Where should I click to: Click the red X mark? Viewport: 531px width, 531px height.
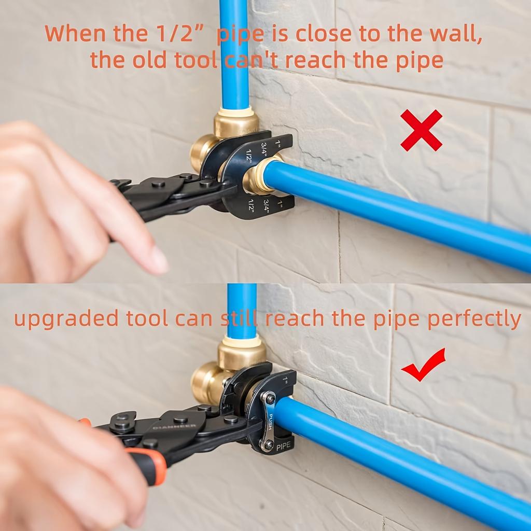(x=421, y=130)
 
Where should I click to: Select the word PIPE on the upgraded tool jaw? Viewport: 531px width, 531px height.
(x=284, y=445)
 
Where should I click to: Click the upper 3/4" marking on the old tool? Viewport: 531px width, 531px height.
(x=264, y=148)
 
